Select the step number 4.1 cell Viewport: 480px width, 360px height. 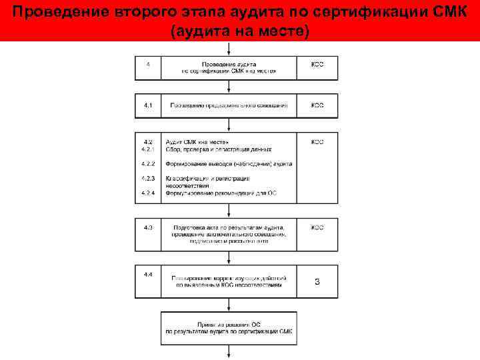148,105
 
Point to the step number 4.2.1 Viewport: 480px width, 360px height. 148,149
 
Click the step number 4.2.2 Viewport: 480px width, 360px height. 148,163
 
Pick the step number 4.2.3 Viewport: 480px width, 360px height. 148,178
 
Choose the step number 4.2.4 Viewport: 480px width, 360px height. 148,193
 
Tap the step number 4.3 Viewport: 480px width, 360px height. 148,227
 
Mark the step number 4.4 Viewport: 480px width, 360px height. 148,275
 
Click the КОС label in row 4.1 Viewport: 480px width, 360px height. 317,105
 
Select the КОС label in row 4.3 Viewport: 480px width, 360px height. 317,227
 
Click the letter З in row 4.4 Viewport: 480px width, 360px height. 317,281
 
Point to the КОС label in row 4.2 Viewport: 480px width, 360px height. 317,142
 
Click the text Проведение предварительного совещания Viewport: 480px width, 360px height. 229,105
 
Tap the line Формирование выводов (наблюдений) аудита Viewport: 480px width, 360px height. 229,163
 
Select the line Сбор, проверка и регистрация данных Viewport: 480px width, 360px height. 213,149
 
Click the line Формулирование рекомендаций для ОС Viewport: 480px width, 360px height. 221,193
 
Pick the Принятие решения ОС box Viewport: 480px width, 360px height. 229,327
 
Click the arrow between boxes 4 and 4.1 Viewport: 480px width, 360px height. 229,87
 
